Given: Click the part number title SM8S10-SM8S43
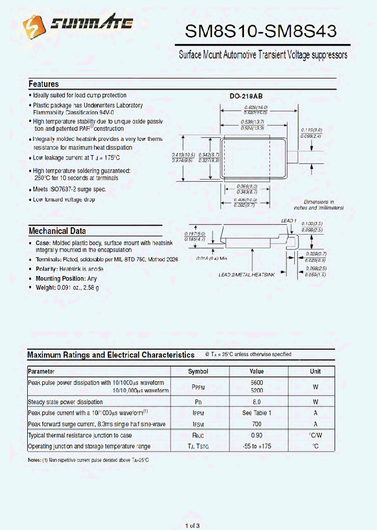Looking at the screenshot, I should pyautogui.click(x=260, y=32).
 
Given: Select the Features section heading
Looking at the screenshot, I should pyautogui.click(x=43, y=84).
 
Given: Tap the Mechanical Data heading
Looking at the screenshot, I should pyautogui.click(x=57, y=231).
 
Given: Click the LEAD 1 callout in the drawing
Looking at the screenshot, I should pyautogui.click(x=289, y=221).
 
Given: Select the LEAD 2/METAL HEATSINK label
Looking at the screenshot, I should pyautogui.click(x=246, y=274).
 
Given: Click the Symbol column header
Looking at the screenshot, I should pyautogui.click(x=198, y=371).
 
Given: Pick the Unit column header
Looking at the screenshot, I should pyautogui.click(x=315, y=371).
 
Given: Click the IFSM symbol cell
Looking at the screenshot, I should pyautogui.click(x=198, y=424).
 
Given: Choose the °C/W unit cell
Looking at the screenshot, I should pyautogui.click(x=315, y=435).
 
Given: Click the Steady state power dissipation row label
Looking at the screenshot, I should pyautogui.click(x=65, y=402).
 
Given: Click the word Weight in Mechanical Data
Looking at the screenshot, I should pyautogui.click(x=46, y=288).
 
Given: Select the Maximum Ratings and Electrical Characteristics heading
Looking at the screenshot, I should pyautogui.click(x=110, y=355).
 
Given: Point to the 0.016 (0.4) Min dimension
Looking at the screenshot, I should pyautogui.click(x=212, y=259).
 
